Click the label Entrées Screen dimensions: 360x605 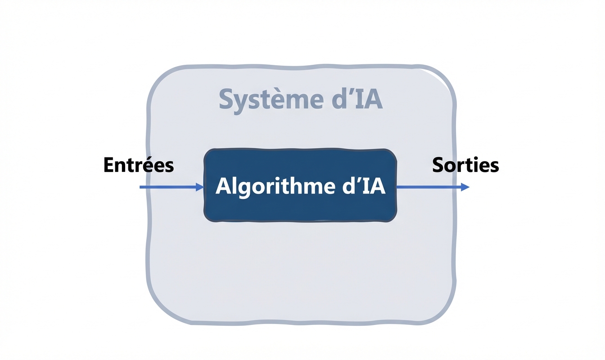coord(138,166)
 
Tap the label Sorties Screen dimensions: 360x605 coord(465,166)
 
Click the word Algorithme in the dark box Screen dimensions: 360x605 coord(271,186)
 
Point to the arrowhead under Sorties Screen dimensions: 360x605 coord(465,187)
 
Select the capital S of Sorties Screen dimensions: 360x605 coord(438,166)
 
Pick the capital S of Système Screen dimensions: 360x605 coord(226,100)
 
